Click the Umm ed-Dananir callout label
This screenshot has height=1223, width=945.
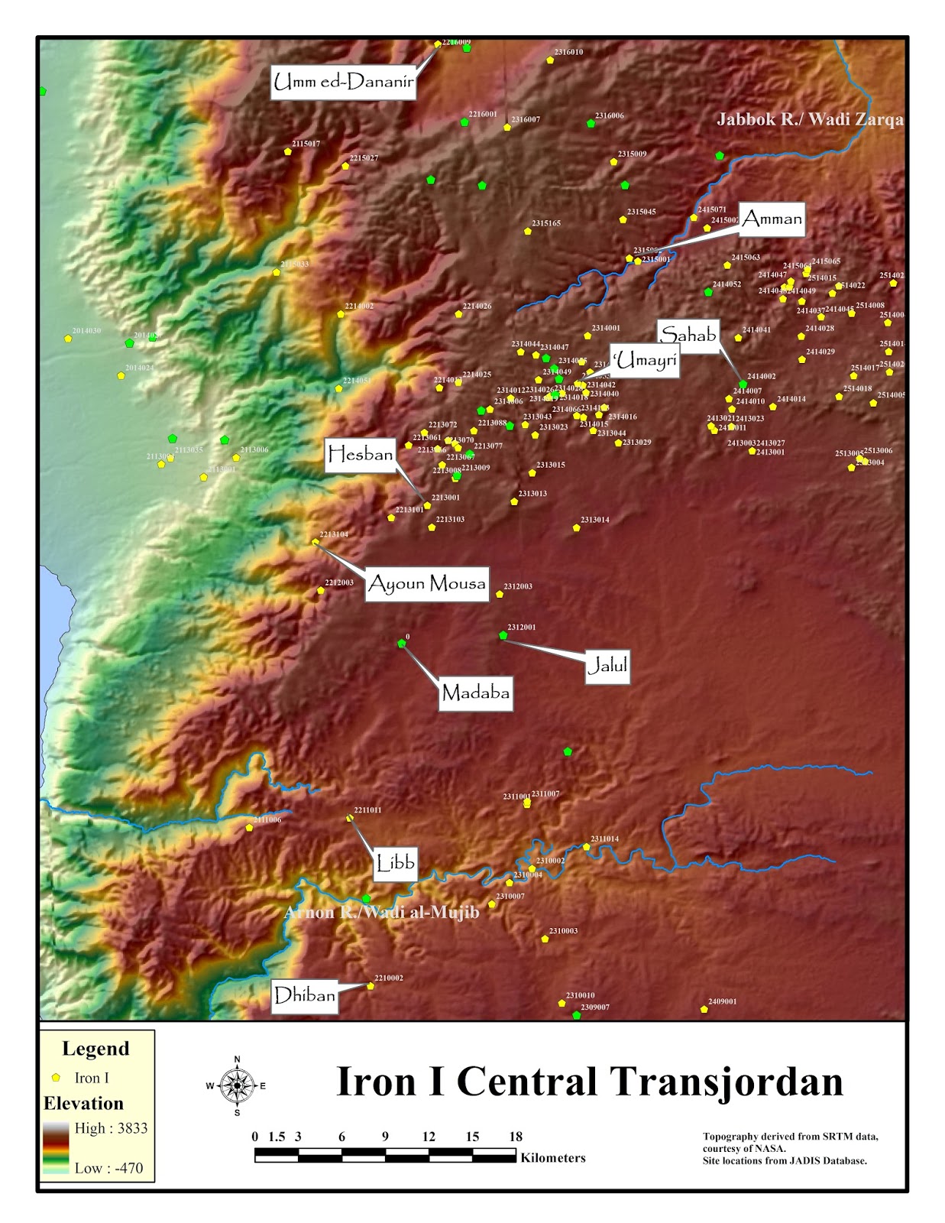click(343, 83)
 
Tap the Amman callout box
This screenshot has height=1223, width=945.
click(772, 220)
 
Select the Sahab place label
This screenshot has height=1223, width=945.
click(688, 336)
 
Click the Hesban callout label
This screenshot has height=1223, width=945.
click(360, 456)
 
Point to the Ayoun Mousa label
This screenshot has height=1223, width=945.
click(426, 585)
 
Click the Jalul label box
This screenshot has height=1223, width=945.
click(607, 667)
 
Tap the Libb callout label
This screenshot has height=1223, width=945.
click(395, 864)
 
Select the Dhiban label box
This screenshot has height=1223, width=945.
click(304, 996)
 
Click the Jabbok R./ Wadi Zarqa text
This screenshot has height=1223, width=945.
click(809, 120)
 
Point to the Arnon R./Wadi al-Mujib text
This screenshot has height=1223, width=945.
click(381, 913)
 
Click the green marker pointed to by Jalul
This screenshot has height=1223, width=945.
click(503, 635)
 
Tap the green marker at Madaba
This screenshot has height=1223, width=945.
click(402, 644)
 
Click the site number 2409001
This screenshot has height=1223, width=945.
click(722, 1001)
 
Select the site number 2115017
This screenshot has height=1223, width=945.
click(306, 144)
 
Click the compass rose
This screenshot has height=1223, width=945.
click(237, 1085)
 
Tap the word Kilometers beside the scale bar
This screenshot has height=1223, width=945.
click(553, 1158)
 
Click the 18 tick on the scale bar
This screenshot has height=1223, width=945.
click(516, 1137)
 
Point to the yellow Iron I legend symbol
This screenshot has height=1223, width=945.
click(56, 1078)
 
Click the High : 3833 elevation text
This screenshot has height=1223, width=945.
click(111, 1128)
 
